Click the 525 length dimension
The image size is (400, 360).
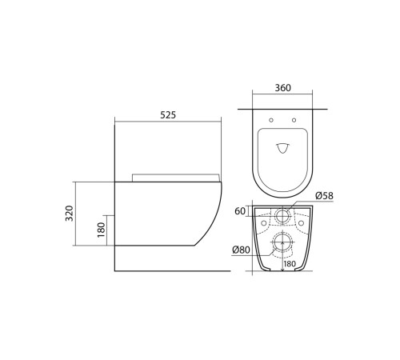click(166, 114)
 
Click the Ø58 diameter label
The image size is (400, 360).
click(324, 195)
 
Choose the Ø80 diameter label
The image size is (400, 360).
click(242, 250)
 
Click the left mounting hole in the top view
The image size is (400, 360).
click(273, 121)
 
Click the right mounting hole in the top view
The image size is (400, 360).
click(294, 121)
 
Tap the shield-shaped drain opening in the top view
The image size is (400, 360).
click(283, 148)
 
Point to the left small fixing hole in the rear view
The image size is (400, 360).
click(263, 223)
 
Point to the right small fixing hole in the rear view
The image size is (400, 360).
click(301, 223)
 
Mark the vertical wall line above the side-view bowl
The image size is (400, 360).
click(115, 152)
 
